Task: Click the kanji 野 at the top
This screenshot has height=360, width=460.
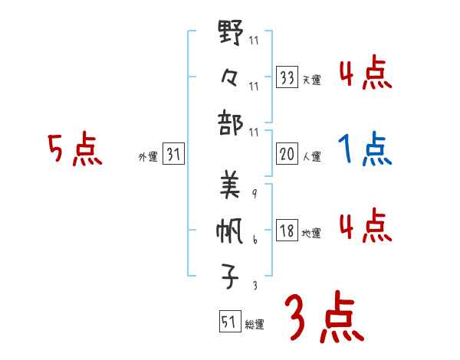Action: (231, 34)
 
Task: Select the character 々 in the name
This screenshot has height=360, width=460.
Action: (231, 77)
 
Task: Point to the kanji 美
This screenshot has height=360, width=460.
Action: (230, 185)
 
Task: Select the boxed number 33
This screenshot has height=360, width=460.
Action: (287, 77)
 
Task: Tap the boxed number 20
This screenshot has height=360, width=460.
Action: (287, 154)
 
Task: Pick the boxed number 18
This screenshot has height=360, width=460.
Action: (287, 231)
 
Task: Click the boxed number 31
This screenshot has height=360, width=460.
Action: (173, 155)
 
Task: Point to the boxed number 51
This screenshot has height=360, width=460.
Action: (228, 322)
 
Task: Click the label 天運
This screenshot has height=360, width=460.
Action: (311, 80)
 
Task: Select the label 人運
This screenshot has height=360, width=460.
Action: (311, 156)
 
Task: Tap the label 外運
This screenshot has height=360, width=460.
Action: (148, 157)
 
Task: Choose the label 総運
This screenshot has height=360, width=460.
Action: (254, 325)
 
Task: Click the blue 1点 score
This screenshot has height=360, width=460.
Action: (365, 149)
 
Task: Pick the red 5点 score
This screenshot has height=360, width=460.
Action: (74, 149)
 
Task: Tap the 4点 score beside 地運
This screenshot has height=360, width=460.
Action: (365, 225)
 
